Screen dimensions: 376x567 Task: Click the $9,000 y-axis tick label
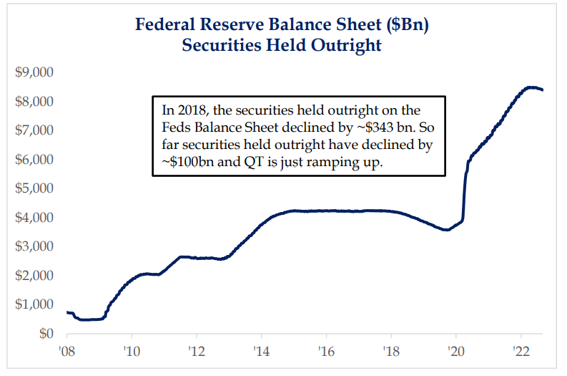coord(34,72)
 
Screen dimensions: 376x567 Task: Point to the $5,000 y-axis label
coord(34,188)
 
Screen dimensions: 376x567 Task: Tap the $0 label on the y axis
coord(45,334)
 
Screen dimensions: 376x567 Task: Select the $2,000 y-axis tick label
coord(34,276)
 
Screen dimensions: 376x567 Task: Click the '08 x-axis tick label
coord(66,352)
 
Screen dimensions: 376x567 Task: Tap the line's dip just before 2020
coord(446,230)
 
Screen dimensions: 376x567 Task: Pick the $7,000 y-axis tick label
coord(34,130)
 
